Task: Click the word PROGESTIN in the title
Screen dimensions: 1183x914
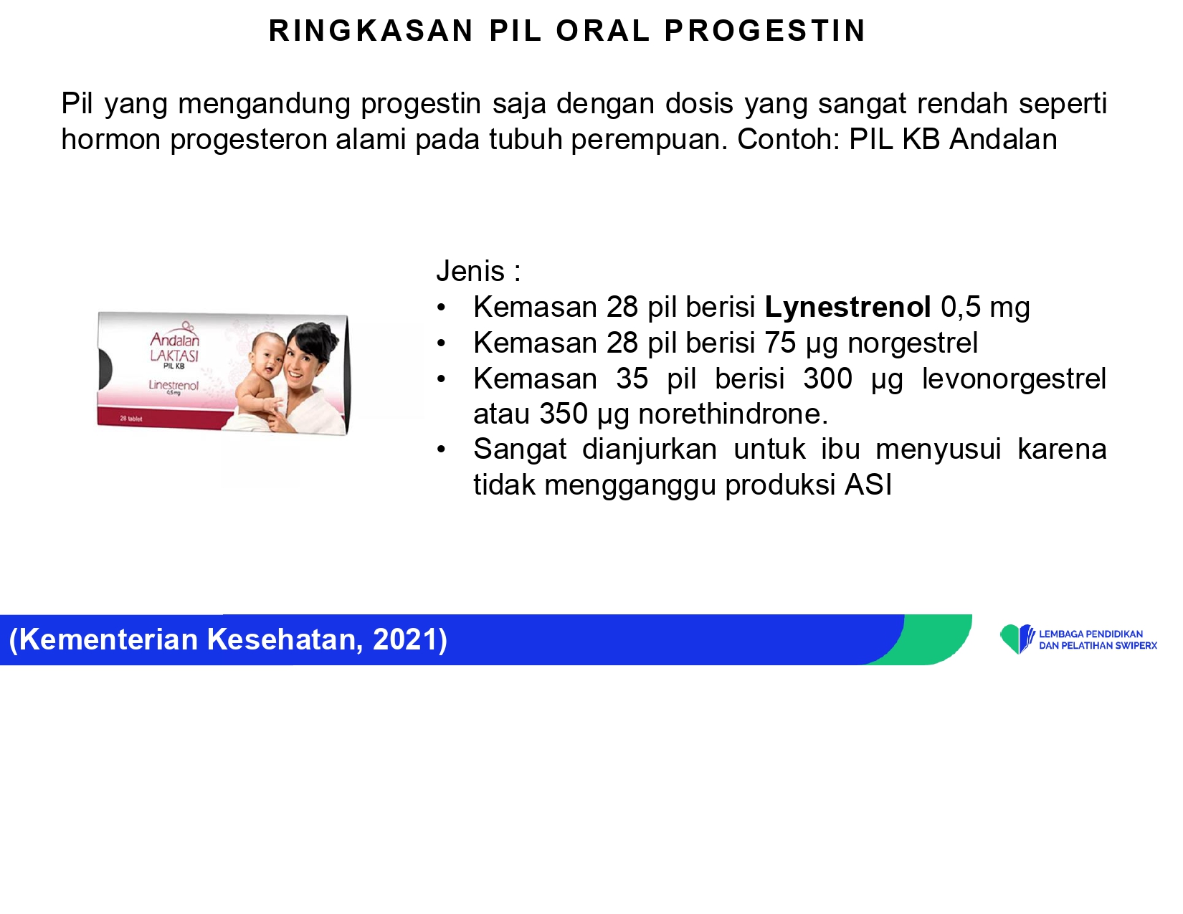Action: point(765,31)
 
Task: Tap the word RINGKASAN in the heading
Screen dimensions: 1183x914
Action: point(371,31)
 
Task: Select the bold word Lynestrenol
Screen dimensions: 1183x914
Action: point(847,307)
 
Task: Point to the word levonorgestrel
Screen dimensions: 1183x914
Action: point(1015,379)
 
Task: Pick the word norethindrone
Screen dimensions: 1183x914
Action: point(733,414)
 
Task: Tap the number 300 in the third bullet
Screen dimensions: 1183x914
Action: point(827,379)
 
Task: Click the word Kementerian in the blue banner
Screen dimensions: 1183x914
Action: point(108,639)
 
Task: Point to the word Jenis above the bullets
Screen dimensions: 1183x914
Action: point(470,271)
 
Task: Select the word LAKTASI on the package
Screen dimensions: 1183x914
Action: point(174,356)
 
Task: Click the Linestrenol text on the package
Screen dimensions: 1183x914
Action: point(174,385)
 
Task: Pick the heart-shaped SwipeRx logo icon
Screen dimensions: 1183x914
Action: point(1017,639)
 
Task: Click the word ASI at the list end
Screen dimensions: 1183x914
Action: point(868,485)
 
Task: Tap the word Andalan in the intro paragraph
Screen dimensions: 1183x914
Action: point(1003,139)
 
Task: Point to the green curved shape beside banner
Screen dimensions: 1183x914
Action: point(928,639)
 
